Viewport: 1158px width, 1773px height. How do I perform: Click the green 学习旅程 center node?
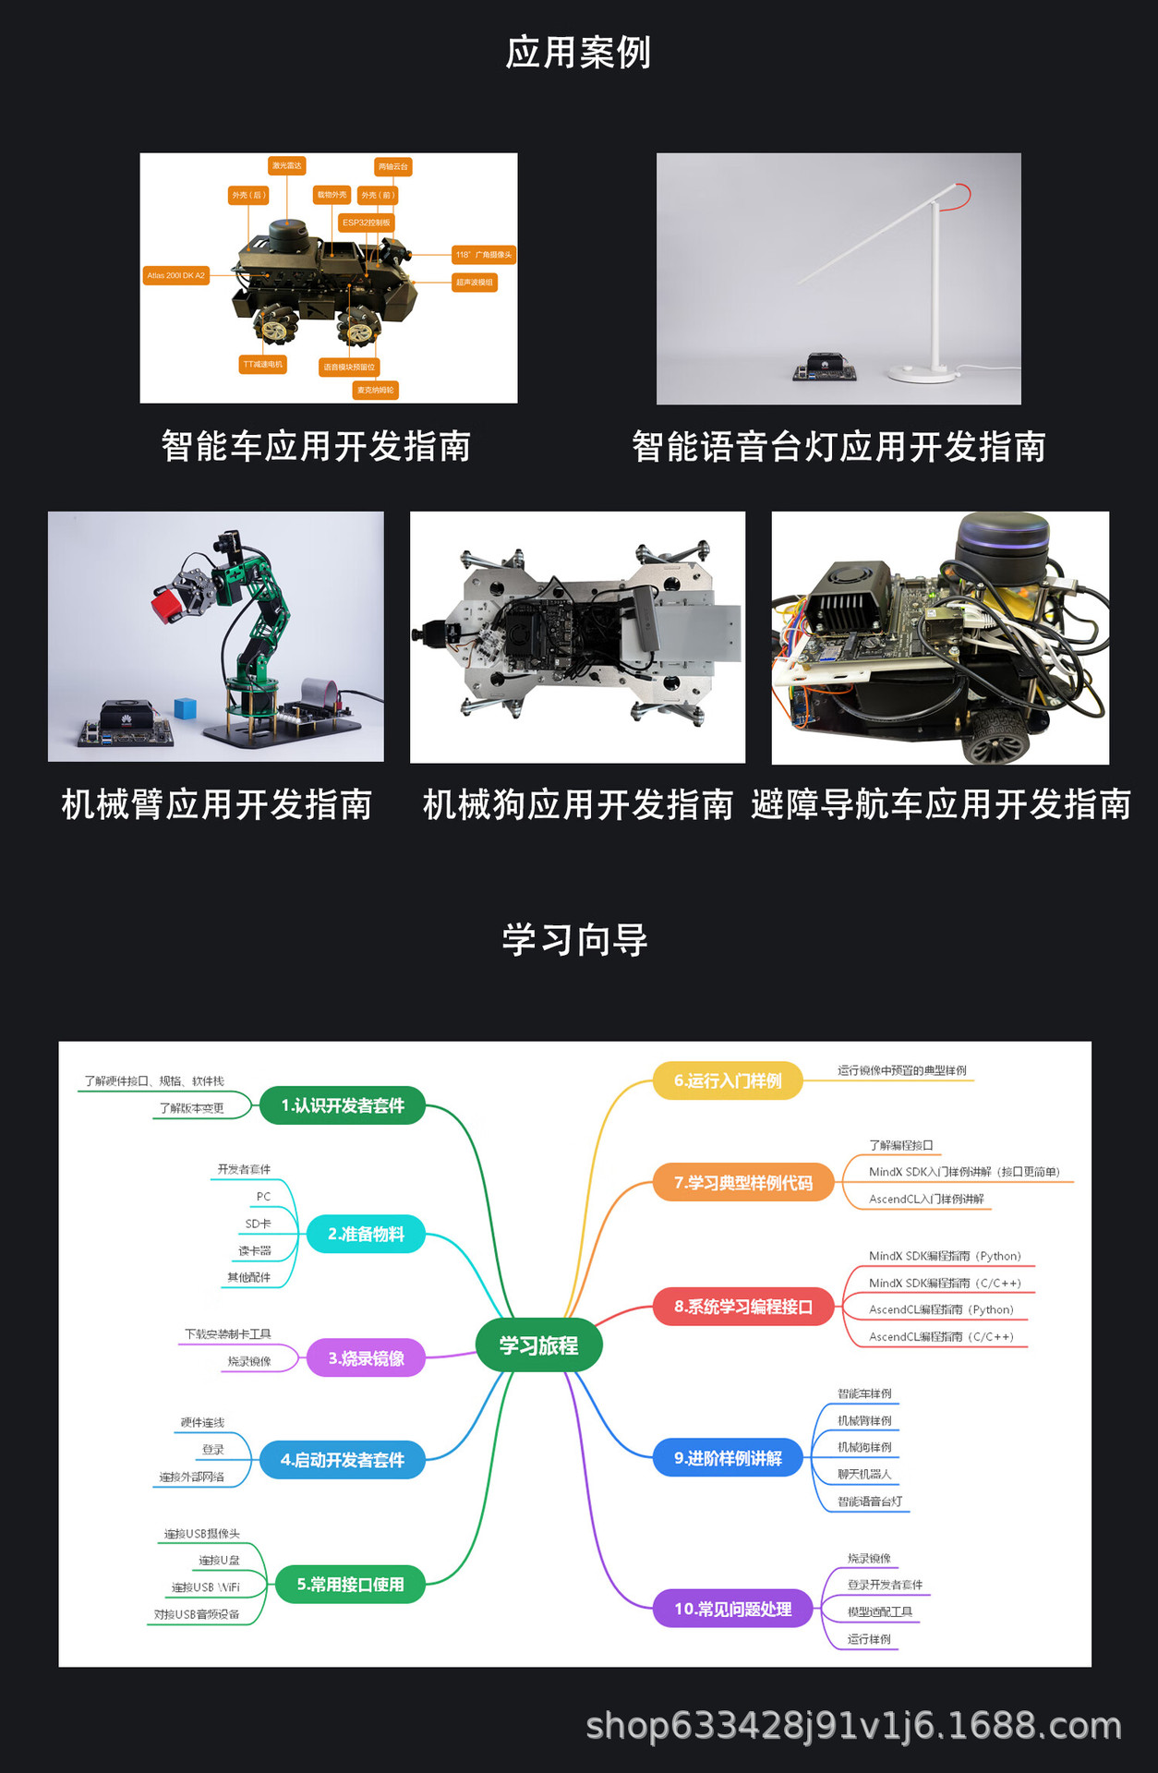pos(538,1345)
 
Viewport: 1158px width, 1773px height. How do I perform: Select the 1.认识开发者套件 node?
pos(343,1105)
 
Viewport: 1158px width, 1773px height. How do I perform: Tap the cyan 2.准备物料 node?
pos(366,1234)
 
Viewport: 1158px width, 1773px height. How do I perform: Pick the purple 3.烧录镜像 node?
pos(366,1358)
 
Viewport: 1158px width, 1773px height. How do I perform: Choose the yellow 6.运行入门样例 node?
pos(728,1080)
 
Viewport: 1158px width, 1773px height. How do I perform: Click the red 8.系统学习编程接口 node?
pos(743,1307)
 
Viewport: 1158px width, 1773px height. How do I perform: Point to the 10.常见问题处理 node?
pos(733,1609)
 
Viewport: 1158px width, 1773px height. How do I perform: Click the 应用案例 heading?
pos(578,53)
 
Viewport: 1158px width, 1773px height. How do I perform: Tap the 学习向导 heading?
pos(575,940)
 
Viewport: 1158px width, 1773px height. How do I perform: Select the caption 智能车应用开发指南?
pos(316,446)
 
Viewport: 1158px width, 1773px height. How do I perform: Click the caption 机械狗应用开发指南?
pos(578,804)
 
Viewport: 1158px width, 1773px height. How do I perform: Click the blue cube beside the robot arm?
pos(186,708)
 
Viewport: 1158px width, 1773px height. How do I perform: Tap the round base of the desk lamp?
pos(921,373)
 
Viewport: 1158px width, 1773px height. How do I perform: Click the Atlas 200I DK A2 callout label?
pos(176,275)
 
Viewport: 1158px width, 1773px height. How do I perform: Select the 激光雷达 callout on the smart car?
pos(287,165)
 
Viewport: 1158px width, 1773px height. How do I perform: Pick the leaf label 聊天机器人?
pos(864,1474)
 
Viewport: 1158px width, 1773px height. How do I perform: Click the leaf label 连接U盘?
pos(219,1560)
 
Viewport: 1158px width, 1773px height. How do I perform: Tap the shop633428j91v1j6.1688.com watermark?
pos(853,1725)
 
